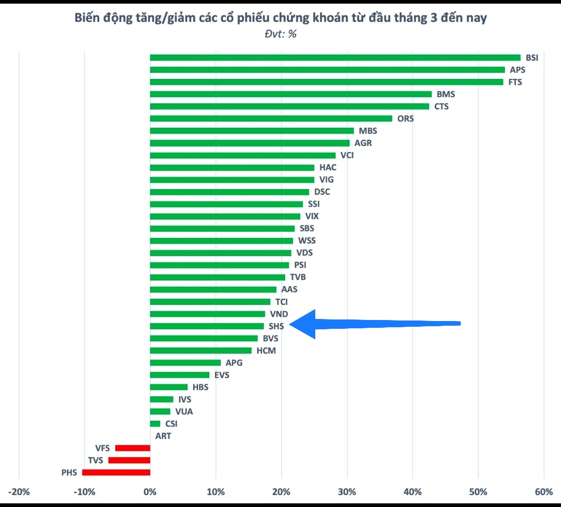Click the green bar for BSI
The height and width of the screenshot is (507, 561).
coord(335,58)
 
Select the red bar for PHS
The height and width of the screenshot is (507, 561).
coord(116,472)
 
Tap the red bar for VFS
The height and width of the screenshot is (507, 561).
coord(132,448)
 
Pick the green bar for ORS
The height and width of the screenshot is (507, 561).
coord(271,118)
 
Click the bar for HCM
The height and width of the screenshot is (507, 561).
coord(201,351)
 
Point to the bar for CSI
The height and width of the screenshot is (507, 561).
coord(155,424)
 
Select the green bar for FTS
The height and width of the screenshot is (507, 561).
coord(326,82)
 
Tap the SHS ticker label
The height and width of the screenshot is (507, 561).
coord(276,326)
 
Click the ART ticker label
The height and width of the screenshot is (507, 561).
coord(163,436)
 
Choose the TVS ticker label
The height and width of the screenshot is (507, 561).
coord(96,460)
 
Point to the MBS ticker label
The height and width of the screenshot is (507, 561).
coord(368,131)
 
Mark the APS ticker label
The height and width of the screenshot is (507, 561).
coord(517,70)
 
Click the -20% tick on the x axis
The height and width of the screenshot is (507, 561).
coord(19,492)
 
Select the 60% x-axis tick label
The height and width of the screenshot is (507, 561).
coord(544,492)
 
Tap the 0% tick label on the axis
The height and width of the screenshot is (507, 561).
coord(150,492)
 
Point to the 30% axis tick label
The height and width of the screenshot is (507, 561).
coord(347,492)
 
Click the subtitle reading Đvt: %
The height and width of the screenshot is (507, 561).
coord(280,34)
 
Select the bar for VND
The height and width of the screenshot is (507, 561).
coord(207,314)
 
